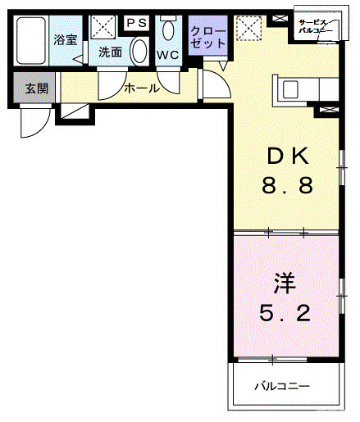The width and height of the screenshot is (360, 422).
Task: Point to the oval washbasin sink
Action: point(139,49)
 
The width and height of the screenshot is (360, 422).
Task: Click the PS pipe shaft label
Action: point(136,23)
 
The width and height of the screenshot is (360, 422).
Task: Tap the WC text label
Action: point(168,55)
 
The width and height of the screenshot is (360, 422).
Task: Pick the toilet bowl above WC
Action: point(169,31)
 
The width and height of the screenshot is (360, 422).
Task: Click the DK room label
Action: point(285,157)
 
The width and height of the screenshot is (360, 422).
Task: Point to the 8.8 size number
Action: point(285,186)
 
